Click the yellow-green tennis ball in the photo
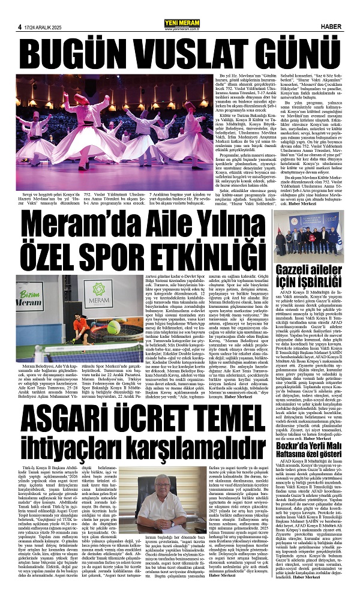tap(113, 328)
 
